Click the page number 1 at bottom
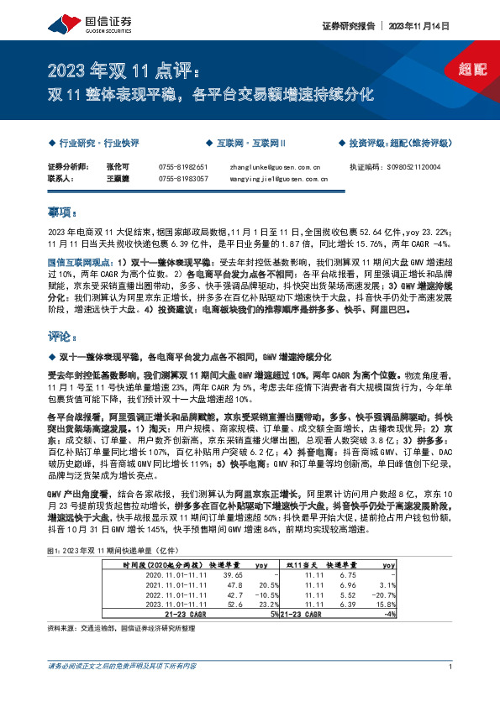pos(451,690)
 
